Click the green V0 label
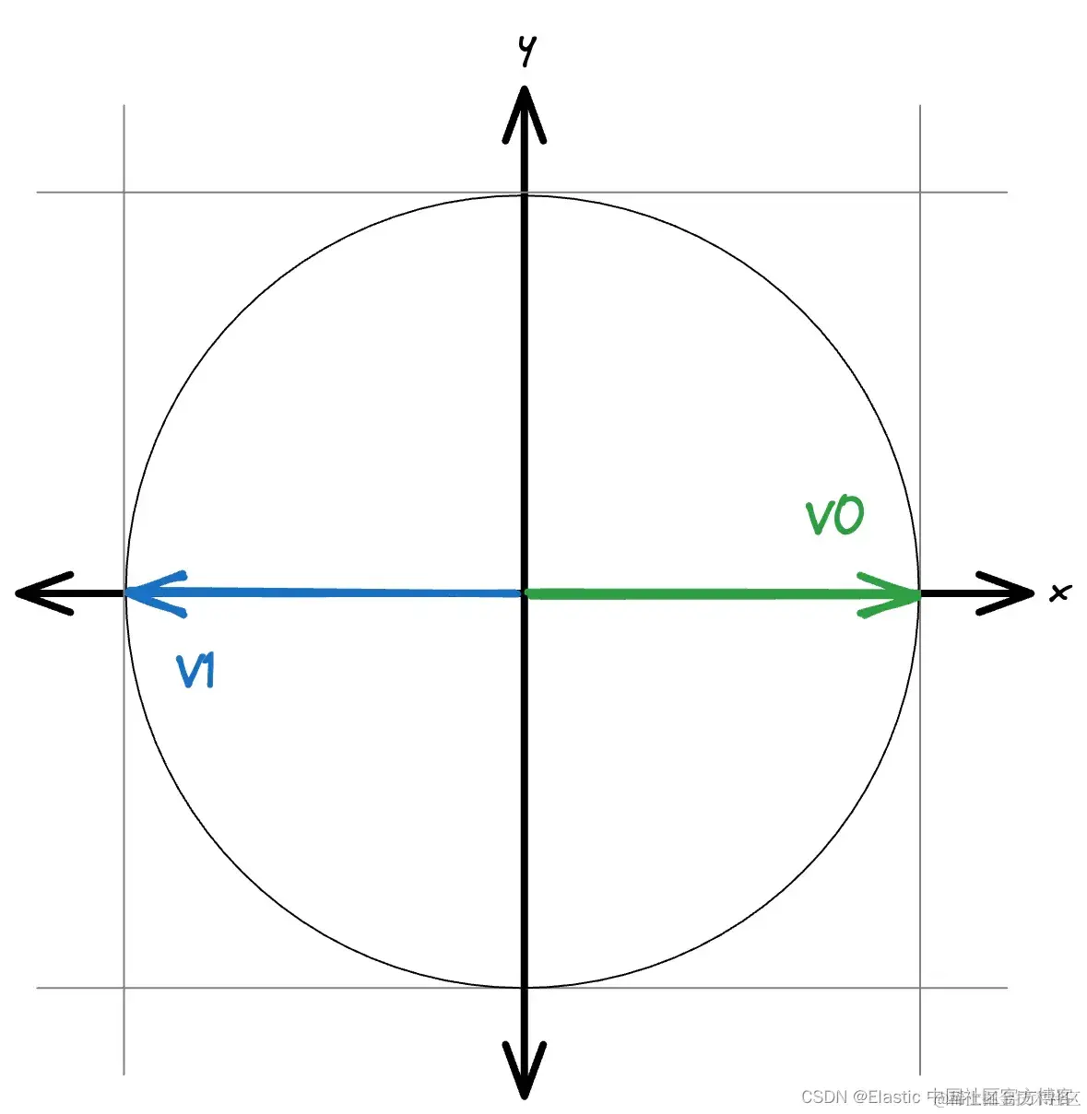pyautogui.click(x=835, y=517)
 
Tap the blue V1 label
pyautogui.click(x=195, y=671)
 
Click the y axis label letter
pyautogui.click(x=526, y=50)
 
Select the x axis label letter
pyautogui.click(x=1060, y=592)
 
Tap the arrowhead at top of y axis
pyautogui.click(x=525, y=111)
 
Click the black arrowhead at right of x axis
pyautogui.click(x=1010, y=593)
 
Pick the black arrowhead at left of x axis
pyautogui.click(x=41, y=592)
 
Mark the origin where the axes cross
pyautogui.click(x=525, y=593)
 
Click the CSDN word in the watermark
pyautogui.click(x=824, y=1096)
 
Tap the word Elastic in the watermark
pyautogui.click(x=894, y=1096)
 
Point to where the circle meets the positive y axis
pyautogui.click(x=525, y=194)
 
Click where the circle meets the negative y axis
pyautogui.click(x=525, y=988)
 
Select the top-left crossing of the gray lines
pyautogui.click(x=124, y=193)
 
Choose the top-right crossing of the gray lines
pyautogui.click(x=920, y=193)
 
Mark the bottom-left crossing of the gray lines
pyautogui.click(x=124, y=988)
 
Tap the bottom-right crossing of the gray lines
pyautogui.click(x=920, y=988)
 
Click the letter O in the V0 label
pyautogui.click(x=849, y=517)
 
